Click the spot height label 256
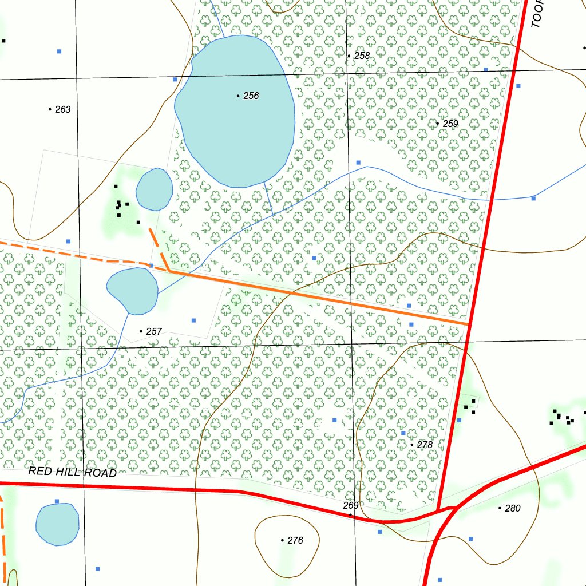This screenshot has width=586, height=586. (251, 96)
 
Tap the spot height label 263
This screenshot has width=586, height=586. (63, 109)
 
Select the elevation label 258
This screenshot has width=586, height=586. (362, 56)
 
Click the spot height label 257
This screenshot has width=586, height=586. (155, 331)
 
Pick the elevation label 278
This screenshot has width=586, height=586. (425, 445)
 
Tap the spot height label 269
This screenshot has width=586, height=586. (351, 505)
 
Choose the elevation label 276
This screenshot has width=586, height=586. (295, 540)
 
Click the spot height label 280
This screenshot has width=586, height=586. (513, 508)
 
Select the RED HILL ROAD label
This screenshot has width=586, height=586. (73, 472)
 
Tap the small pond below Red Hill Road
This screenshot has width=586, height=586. (57, 524)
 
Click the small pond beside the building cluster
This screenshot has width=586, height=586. (154, 189)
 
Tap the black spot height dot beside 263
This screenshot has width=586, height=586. (50, 109)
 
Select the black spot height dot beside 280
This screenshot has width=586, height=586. (500, 508)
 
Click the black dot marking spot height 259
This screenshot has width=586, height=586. (438, 124)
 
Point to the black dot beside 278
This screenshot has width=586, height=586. (412, 445)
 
